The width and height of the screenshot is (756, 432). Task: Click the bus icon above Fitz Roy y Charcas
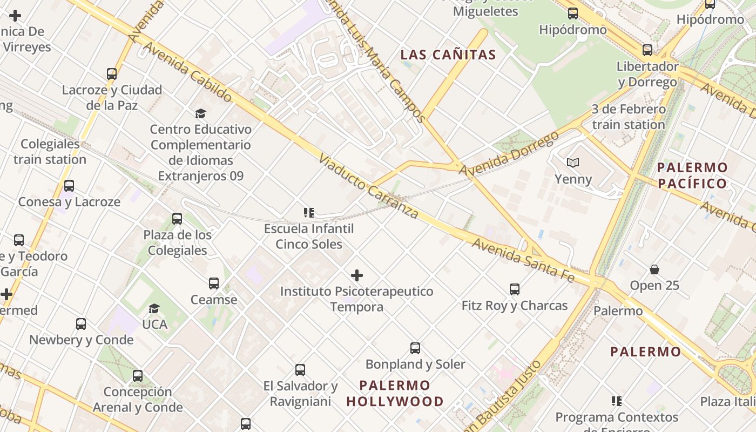(x=514, y=289)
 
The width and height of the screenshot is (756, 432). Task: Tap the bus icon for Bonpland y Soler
(x=415, y=348)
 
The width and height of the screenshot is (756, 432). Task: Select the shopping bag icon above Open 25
(x=654, y=269)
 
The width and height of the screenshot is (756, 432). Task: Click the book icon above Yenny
(x=572, y=163)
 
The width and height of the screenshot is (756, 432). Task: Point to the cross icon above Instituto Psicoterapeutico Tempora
(x=356, y=275)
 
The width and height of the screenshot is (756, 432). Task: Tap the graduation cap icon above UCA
(x=154, y=308)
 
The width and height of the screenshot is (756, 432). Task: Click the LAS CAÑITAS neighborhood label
(x=448, y=55)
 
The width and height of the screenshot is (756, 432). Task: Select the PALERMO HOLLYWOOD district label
(x=395, y=394)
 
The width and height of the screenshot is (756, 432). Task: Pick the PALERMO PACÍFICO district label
(x=692, y=175)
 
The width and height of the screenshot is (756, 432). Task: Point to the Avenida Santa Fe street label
(x=523, y=260)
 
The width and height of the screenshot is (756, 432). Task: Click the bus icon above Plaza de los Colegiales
(x=177, y=219)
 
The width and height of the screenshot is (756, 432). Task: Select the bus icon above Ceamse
(x=214, y=283)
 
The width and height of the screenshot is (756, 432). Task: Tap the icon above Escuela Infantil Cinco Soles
(x=308, y=213)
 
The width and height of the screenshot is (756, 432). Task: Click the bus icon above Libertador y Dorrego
(x=647, y=50)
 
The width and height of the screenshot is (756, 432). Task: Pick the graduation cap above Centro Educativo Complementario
(x=200, y=113)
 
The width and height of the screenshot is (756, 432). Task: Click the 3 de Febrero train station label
(x=629, y=117)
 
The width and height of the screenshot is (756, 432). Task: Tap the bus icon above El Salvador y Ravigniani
(x=300, y=370)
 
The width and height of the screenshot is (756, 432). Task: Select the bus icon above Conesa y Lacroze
(x=69, y=186)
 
